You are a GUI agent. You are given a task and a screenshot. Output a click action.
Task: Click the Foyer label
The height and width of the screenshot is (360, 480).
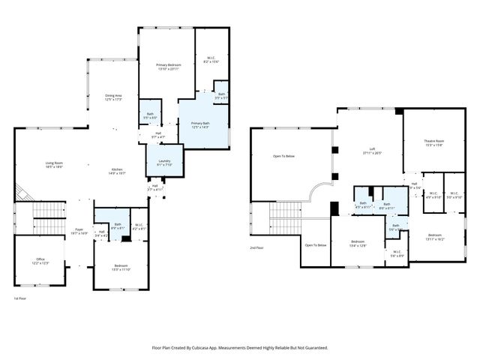[79, 231]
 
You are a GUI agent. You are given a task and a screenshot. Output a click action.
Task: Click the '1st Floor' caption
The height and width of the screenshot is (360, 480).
[21, 298]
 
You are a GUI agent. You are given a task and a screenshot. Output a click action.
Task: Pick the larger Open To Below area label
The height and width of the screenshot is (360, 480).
[283, 156]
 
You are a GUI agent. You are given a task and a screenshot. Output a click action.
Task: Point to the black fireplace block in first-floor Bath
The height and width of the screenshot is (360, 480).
[127, 238]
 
